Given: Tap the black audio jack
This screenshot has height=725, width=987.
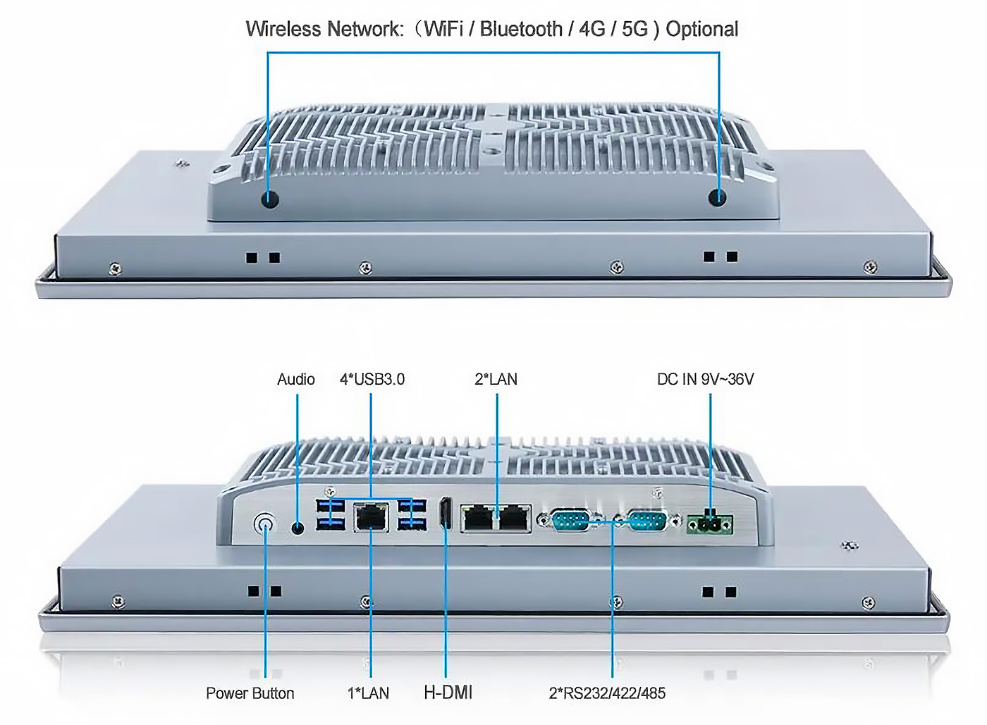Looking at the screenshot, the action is point(298,527).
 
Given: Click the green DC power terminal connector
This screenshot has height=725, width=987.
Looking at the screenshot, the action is point(709,523).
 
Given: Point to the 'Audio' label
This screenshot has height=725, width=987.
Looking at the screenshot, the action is point(295,379).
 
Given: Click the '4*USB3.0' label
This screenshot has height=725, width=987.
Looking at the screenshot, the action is point(372,379).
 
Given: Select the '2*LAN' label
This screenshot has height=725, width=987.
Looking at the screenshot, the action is point(496,379).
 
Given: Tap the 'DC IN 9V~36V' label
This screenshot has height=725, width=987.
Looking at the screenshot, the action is point(706,379).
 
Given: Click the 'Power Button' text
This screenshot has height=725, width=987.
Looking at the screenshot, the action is point(250,693).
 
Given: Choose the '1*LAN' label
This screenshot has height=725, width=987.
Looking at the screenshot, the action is point(368,693).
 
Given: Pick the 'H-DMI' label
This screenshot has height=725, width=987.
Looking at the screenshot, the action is point(448,693).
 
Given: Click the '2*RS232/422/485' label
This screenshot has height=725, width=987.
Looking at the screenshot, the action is point(607,693).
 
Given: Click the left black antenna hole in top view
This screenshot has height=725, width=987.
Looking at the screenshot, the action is point(269,199).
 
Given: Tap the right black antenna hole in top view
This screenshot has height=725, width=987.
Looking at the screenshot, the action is point(718,198).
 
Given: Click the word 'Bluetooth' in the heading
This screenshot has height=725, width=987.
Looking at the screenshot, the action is point(521,29).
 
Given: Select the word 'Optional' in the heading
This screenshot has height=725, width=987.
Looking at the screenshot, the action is point(702,29).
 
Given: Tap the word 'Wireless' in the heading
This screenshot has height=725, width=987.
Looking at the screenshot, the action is point(283,29).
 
